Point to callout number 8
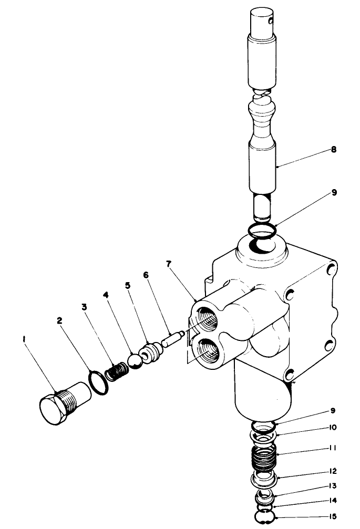333,150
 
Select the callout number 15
333,516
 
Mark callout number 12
333,471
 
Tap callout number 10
333,427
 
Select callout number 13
333,486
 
